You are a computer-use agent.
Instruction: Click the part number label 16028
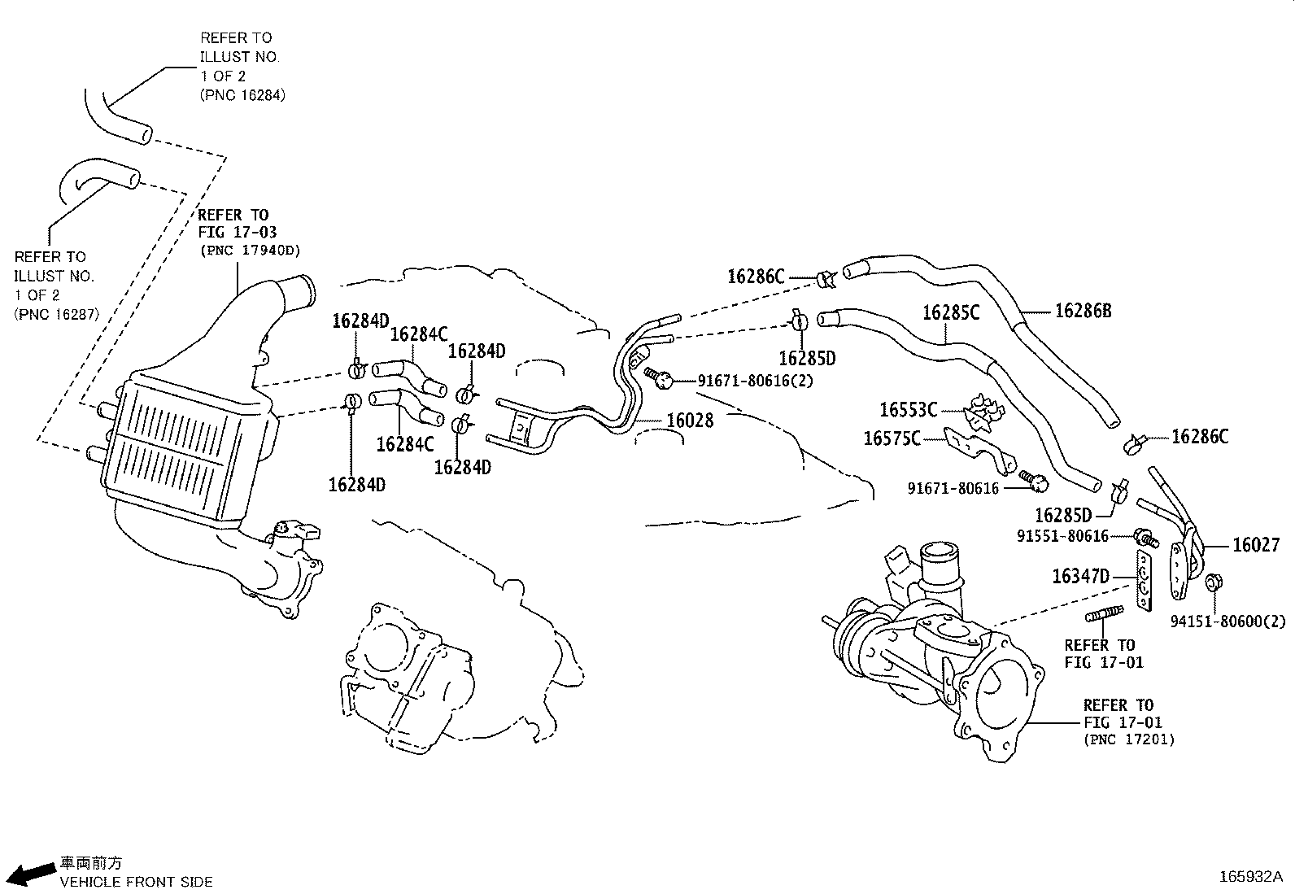point(690,421)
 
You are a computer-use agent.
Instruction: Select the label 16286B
point(1083,310)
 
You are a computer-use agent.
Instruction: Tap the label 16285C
point(951,312)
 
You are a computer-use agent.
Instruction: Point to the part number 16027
point(1256,545)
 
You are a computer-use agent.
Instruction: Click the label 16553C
point(908,410)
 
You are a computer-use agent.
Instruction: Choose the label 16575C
point(892,439)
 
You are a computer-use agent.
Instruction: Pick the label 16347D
point(1080,577)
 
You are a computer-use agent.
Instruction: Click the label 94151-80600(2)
point(1228,621)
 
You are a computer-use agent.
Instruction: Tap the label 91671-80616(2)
point(755,380)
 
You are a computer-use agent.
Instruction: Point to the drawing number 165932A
point(1249,877)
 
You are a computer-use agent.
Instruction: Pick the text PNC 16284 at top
point(242,94)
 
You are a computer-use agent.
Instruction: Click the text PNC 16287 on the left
point(56,314)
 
